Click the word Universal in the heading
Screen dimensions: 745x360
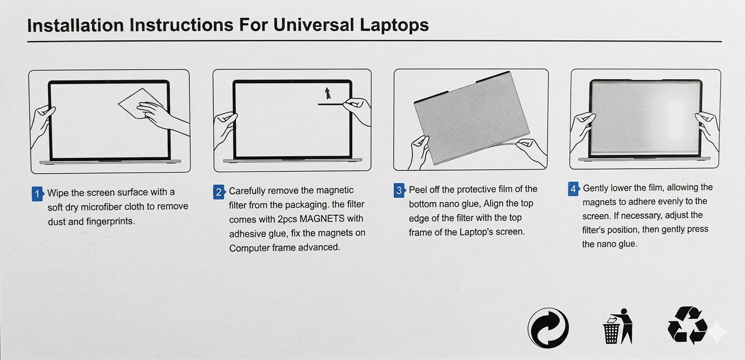313,25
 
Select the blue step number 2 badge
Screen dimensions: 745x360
219,192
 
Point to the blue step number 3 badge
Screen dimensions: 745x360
400,190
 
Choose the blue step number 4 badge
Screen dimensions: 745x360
574,189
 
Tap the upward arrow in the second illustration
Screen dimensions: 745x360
328,93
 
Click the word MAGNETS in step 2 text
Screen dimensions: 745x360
322,219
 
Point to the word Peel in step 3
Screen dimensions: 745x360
418,189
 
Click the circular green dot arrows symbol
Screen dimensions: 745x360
548,328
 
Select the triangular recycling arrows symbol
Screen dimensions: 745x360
687,325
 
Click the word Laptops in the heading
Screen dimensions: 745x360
394,26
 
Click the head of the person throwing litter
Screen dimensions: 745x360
624,311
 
